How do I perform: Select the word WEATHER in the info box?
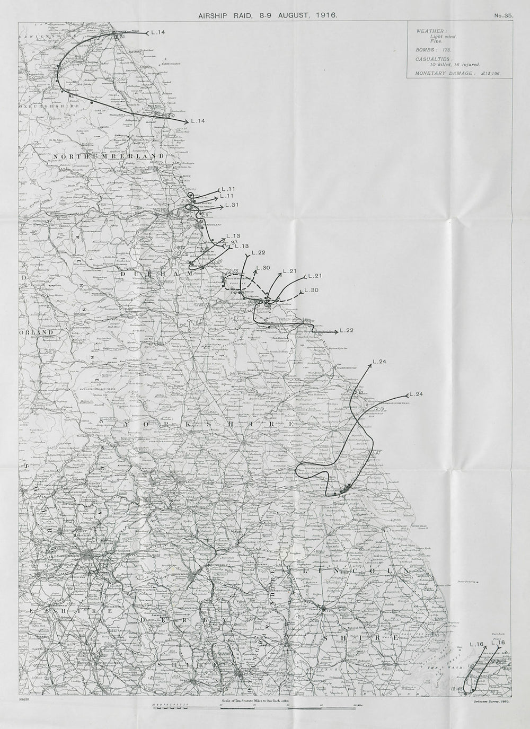[x=428, y=31]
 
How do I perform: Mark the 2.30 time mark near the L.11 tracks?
[x=185, y=200]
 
